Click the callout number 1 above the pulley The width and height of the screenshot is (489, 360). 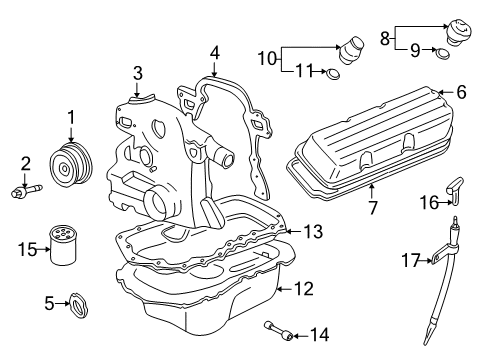[x=71, y=118]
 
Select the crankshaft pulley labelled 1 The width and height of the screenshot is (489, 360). [x=71, y=163]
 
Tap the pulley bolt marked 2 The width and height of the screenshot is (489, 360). [x=26, y=191]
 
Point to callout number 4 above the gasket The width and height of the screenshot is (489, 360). [x=215, y=53]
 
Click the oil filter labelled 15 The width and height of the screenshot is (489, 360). [x=63, y=245]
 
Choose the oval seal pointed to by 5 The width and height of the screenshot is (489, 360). [x=79, y=305]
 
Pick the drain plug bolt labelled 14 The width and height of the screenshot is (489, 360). [x=279, y=330]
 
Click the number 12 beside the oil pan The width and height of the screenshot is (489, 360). [x=303, y=289]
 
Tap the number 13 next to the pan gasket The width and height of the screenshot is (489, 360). [x=313, y=231]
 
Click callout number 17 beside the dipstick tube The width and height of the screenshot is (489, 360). [x=410, y=260]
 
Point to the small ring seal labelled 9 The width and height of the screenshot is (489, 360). [x=443, y=53]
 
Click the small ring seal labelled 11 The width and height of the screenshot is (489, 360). [x=333, y=74]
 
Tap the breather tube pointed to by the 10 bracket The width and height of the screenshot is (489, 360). [x=351, y=50]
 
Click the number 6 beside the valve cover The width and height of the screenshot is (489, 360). [x=461, y=92]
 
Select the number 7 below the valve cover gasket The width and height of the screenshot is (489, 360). [x=373, y=208]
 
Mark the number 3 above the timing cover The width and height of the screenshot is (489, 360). [x=138, y=73]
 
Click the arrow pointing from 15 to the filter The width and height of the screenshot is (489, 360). [x=43, y=249]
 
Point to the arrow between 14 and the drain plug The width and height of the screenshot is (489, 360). [x=301, y=336]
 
